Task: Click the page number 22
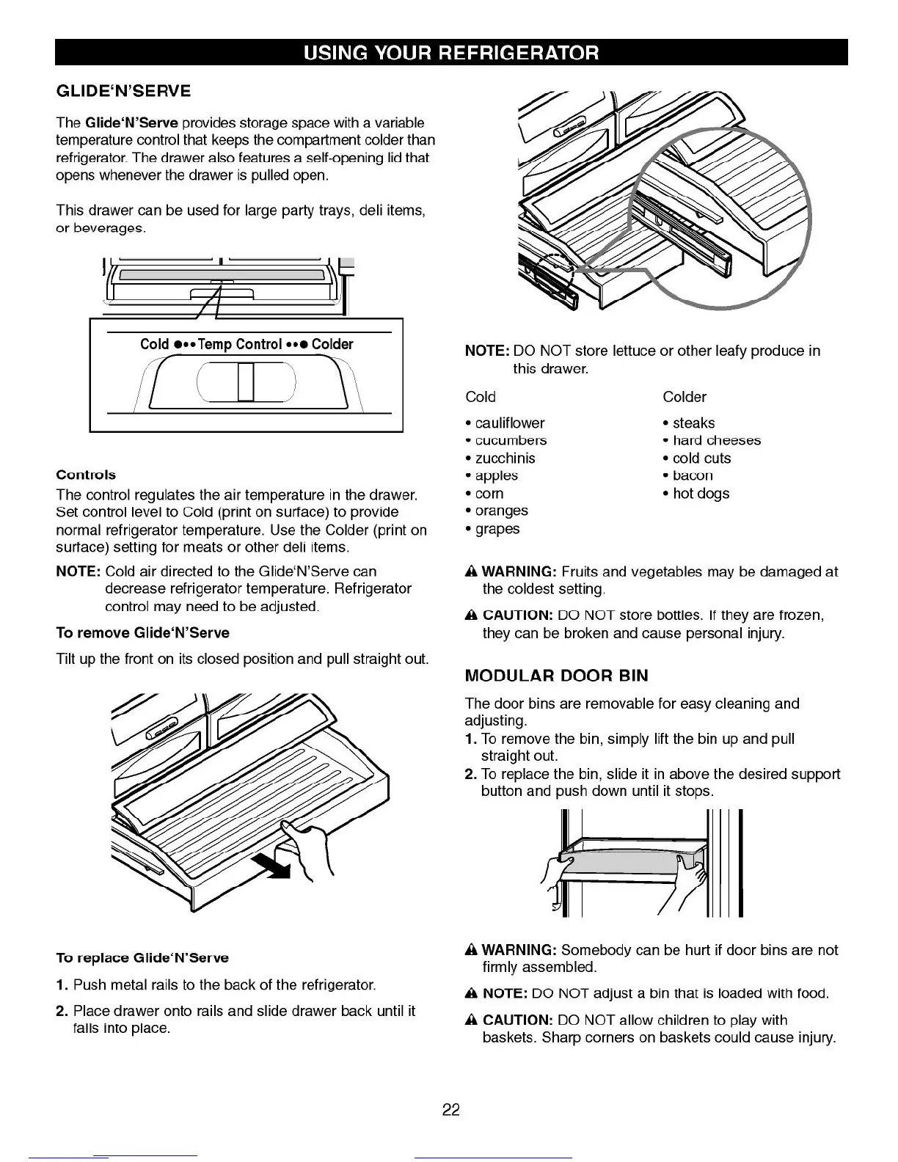tap(450, 1110)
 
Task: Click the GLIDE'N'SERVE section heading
tap(123, 91)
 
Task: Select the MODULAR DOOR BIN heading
tap(556, 676)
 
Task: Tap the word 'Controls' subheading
tap(86, 475)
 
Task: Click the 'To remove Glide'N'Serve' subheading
tap(142, 633)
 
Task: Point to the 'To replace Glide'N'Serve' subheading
tap(142, 958)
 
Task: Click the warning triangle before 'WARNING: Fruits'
tap(471, 572)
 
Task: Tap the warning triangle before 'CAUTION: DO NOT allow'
tap(471, 1020)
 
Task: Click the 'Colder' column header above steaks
tap(684, 397)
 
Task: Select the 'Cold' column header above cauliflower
tap(481, 397)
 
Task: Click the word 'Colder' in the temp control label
tap(332, 344)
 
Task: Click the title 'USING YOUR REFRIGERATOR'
tap(451, 53)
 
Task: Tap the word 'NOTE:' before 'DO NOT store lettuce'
tap(486, 351)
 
